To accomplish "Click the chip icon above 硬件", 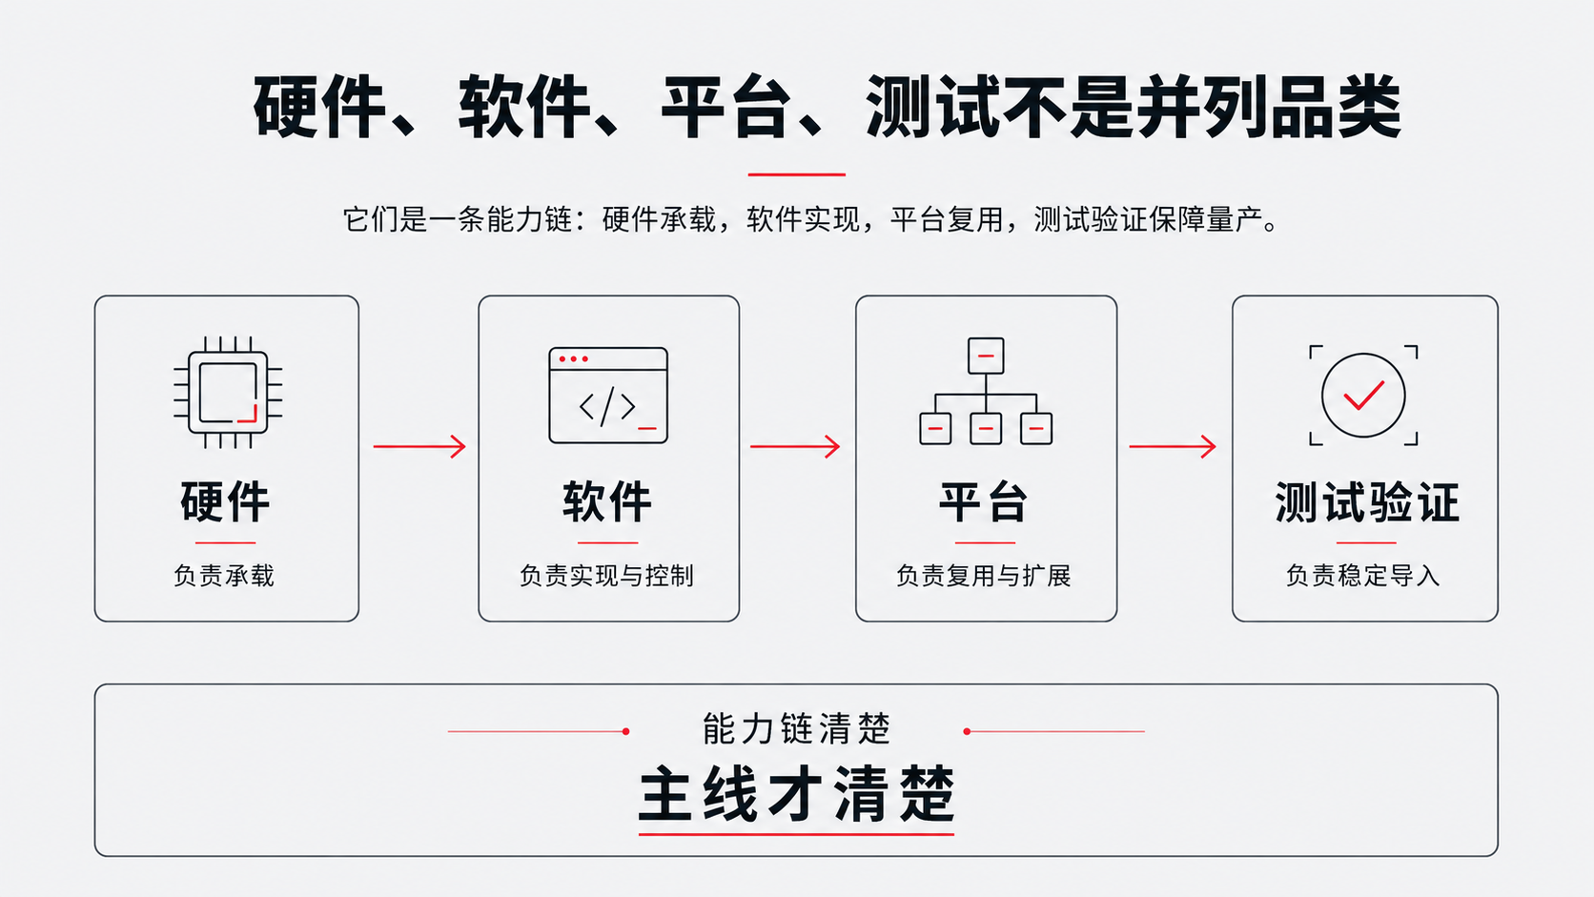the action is click(x=228, y=393).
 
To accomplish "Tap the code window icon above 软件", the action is click(x=608, y=396).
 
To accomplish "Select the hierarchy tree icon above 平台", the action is click(x=986, y=391).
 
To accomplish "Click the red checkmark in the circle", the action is click(x=1363, y=396).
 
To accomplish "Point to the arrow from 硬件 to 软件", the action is click(x=419, y=447).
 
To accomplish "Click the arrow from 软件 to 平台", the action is click(x=795, y=447).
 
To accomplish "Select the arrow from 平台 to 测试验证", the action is click(x=1172, y=447).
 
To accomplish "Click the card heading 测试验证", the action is click(x=1366, y=502).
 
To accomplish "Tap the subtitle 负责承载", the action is click(x=224, y=576).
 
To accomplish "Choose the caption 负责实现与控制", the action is click(x=607, y=576).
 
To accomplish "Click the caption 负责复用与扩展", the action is click(x=984, y=576).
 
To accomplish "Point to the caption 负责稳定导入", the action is click(x=1362, y=576).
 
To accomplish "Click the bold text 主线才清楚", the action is click(x=796, y=794).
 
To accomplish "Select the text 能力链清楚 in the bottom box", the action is click(x=796, y=729).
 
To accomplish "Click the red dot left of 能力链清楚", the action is click(x=626, y=731).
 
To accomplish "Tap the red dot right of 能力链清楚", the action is click(x=967, y=731).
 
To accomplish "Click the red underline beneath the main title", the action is click(x=796, y=174).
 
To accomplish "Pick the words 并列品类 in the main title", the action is click(x=1270, y=108).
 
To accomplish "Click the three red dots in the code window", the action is click(x=574, y=359).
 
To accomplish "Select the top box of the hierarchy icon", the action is click(x=986, y=356).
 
